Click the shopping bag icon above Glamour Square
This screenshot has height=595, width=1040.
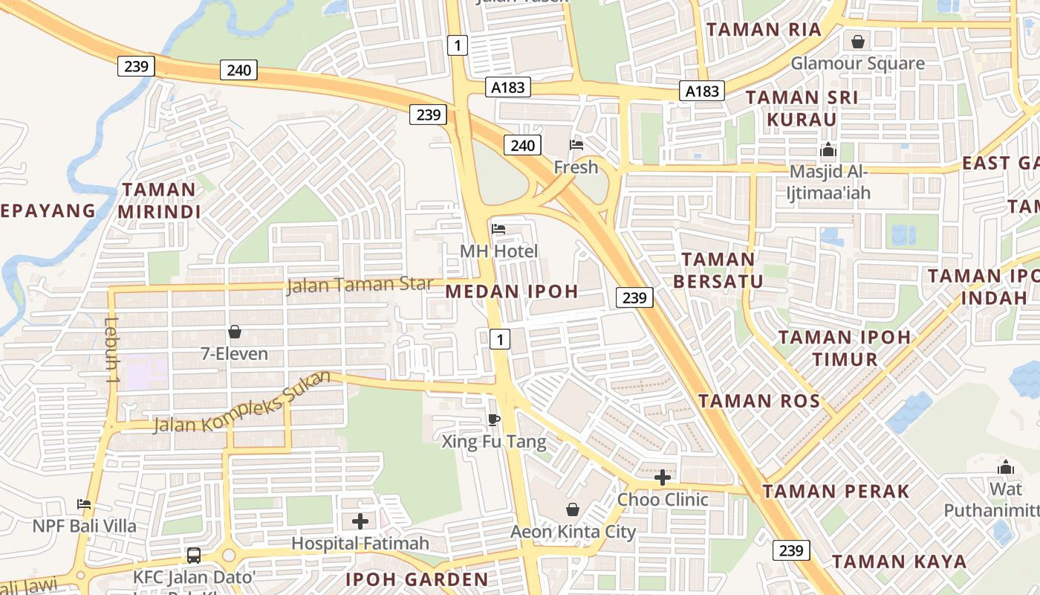tap(858, 42)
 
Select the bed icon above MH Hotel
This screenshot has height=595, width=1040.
tap(498, 229)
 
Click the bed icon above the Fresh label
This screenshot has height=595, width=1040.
tap(576, 144)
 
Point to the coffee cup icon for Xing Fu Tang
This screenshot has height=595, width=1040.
tap(493, 420)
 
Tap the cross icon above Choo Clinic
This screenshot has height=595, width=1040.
tap(663, 477)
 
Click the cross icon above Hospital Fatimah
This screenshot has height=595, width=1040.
tap(360, 521)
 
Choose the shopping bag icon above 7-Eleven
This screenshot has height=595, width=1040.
tap(235, 332)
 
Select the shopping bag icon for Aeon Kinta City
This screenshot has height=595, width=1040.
tap(573, 509)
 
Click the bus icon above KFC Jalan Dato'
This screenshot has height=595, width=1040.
tap(193, 555)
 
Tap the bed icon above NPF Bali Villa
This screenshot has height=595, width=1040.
tap(84, 504)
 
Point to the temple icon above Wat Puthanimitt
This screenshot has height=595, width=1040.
tap(1006, 467)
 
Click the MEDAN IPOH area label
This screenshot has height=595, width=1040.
tap(512, 292)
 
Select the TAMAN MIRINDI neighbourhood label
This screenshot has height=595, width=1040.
tap(159, 201)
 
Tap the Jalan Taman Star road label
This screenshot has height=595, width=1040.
tap(360, 285)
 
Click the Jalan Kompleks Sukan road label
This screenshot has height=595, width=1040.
tap(241, 402)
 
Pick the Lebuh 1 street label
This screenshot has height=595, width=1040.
tap(112, 350)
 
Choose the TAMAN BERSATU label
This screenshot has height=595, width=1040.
tap(718, 270)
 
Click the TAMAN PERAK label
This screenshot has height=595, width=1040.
tap(836, 492)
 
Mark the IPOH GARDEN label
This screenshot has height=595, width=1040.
tap(417, 579)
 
